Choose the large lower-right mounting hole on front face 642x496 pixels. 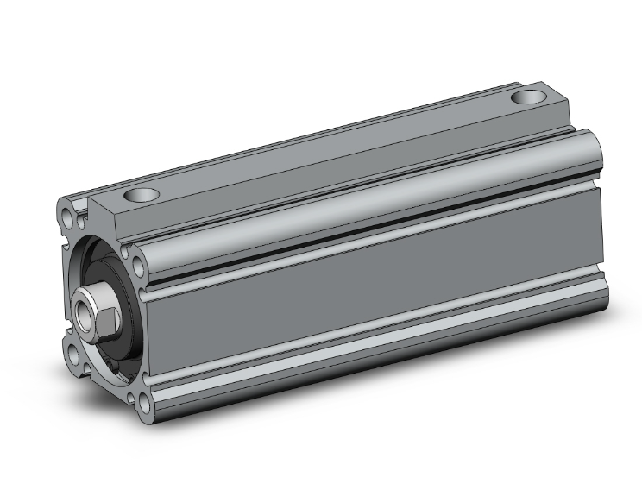[140, 400]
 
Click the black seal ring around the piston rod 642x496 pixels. [116, 285]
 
